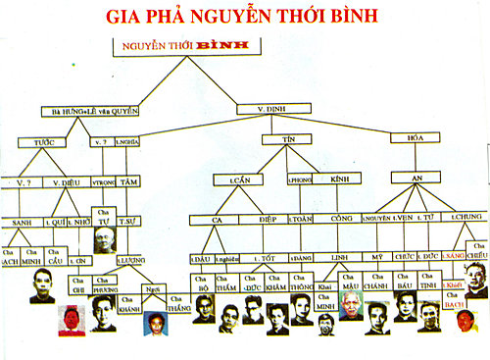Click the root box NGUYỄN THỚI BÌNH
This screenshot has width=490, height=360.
(183, 46)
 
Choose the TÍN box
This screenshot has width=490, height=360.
(288, 140)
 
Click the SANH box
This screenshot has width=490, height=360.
(23, 221)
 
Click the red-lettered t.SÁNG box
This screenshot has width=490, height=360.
(452, 256)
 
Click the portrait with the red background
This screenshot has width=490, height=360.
(71, 320)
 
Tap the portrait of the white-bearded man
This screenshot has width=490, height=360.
(351, 304)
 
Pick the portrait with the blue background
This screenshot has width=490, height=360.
(155, 323)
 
